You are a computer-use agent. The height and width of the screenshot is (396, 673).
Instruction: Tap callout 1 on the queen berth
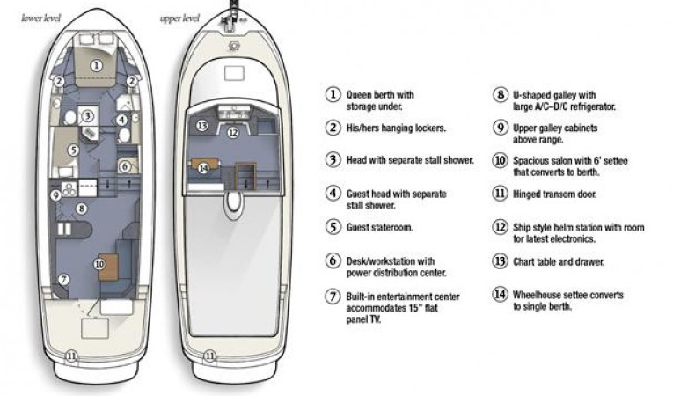pos(98,65)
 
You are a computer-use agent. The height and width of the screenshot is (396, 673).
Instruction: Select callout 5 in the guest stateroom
pos(74,150)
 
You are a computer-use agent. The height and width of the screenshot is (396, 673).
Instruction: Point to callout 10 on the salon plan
pos(100,262)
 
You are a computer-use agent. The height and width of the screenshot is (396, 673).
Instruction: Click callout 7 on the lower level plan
pos(62,279)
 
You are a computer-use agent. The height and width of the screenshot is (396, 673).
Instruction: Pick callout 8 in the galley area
pos(81,209)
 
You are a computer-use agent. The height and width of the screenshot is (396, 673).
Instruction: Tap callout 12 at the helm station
pos(233,133)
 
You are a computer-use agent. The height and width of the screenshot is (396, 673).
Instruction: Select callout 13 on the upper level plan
pos(201,126)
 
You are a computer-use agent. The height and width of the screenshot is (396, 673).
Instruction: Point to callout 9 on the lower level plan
pos(55,194)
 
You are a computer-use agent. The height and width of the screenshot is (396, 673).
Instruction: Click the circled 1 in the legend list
pos(333,94)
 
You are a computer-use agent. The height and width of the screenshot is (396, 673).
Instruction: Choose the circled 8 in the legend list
pos(499,94)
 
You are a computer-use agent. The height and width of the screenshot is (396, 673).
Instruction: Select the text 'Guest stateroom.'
pos(382,226)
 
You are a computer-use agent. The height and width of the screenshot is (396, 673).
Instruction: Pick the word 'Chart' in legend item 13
pos(526,260)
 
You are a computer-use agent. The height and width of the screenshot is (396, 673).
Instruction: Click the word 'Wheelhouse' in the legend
pos(544,294)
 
